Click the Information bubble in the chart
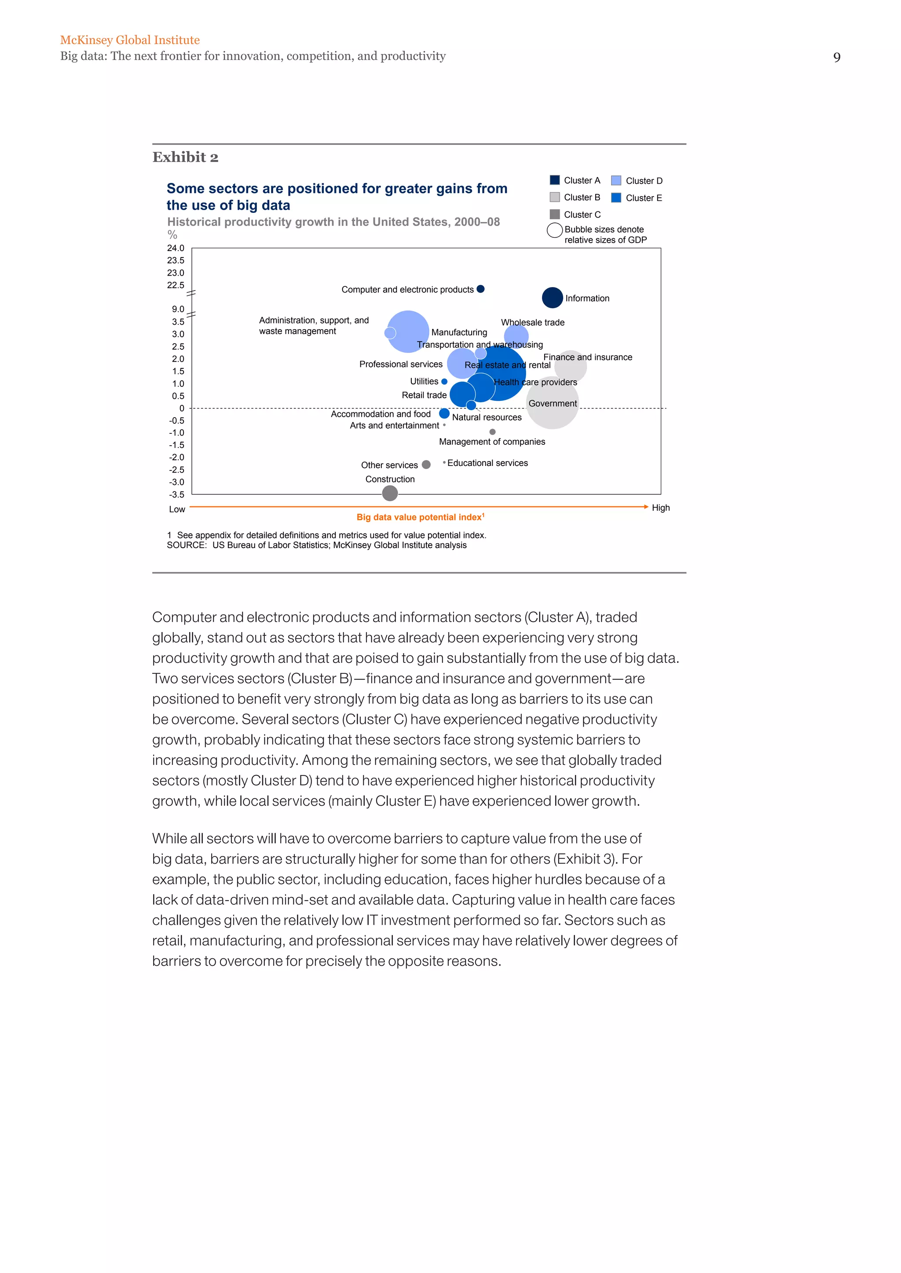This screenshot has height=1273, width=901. tap(552, 298)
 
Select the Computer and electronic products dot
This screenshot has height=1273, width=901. tap(480, 289)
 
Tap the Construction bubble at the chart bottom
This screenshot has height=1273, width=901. tap(390, 493)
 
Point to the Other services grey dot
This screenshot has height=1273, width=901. tap(426, 465)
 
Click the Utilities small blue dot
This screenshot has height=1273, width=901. tap(444, 382)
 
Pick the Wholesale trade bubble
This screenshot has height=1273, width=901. tap(516, 336)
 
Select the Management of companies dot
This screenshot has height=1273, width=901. tap(492, 432)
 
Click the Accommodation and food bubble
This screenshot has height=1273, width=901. tap(444, 414)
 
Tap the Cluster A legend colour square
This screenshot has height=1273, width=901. tap(554, 180)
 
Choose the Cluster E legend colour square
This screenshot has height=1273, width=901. tap(616, 197)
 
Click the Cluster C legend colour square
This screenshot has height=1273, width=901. tap(554, 214)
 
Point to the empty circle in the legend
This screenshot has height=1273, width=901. tap(555, 230)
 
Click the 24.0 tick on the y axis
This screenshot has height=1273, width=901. tap(176, 248)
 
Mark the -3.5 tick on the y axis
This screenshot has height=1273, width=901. tap(176, 495)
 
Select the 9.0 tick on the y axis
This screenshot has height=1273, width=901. tap(178, 309)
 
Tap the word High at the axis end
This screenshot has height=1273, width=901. tap(660, 508)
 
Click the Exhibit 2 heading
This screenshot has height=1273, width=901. tap(185, 157)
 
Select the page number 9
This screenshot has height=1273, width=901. tap(837, 58)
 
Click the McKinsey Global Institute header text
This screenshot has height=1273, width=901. tap(130, 40)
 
